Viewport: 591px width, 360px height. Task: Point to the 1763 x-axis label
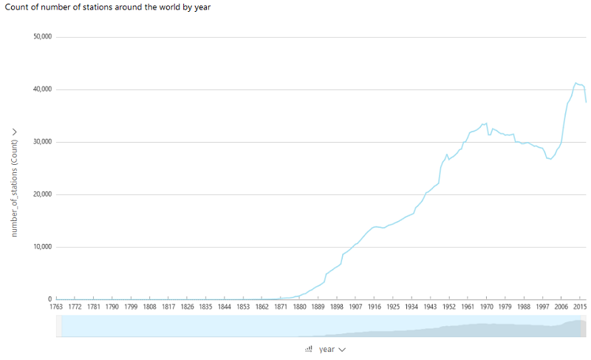[x=56, y=307]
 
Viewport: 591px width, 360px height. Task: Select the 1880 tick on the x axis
[x=299, y=307]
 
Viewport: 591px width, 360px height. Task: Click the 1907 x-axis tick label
[x=355, y=307]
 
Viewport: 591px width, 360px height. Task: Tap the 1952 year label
[x=448, y=307]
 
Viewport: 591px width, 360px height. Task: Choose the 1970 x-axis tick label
[x=486, y=307]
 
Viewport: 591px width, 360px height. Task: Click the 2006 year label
[x=561, y=307]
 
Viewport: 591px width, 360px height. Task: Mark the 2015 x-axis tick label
[x=579, y=307]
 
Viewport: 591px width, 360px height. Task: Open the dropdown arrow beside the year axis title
[x=342, y=350]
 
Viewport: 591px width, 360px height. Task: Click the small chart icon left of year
[x=309, y=350]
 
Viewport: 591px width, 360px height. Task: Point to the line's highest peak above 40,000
[x=576, y=83]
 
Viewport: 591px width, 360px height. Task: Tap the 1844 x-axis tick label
[x=225, y=307]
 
